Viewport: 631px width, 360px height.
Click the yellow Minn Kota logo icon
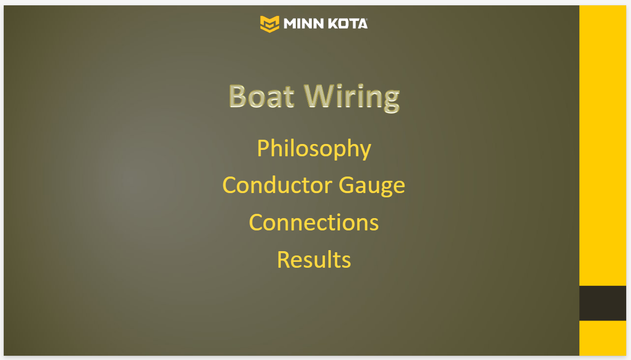pyautogui.click(x=270, y=24)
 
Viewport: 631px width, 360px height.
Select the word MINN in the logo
pyautogui.click(x=304, y=24)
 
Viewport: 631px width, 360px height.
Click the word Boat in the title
pyautogui.click(x=262, y=96)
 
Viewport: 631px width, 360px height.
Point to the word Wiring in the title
pyautogui.click(x=352, y=97)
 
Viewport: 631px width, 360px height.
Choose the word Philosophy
pyautogui.click(x=314, y=149)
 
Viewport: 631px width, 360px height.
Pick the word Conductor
pyautogui.click(x=277, y=185)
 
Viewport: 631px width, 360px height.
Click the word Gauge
pyautogui.click(x=372, y=187)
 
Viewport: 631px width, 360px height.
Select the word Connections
pyautogui.click(x=314, y=222)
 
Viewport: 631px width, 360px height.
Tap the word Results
pyautogui.click(x=314, y=260)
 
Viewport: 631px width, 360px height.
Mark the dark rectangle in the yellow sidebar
pyautogui.click(x=602, y=303)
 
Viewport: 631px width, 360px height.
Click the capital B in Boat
pyautogui.click(x=238, y=96)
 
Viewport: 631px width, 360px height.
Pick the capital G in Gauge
pyautogui.click(x=347, y=185)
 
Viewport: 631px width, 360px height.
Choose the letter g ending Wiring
pyautogui.click(x=392, y=101)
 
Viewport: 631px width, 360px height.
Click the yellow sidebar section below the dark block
pyautogui.click(x=602, y=338)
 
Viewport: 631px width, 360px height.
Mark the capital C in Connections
pyautogui.click(x=257, y=222)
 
